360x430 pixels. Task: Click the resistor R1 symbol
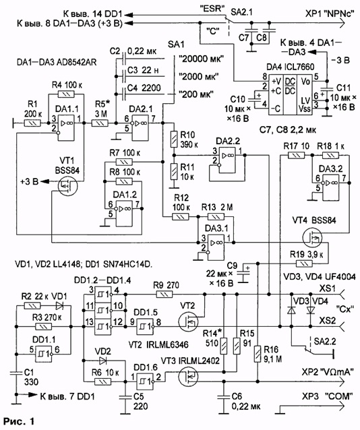coord(32,123)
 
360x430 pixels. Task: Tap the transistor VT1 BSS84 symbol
coord(68,186)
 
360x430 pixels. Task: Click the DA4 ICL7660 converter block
coord(290,94)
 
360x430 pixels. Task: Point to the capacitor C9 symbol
coord(243,273)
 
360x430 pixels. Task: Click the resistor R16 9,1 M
coord(258,354)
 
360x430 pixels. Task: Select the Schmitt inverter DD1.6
coord(145,381)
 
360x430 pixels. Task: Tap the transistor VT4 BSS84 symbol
coord(312,238)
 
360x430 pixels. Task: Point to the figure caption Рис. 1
coord(19,421)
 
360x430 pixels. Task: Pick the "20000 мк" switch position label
coord(201,59)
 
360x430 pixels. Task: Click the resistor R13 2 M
coord(216,217)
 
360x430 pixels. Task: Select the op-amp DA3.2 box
coord(330,187)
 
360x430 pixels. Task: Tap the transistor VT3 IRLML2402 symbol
coord(188,376)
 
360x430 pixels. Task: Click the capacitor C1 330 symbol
coord(16,373)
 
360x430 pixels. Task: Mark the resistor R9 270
coord(164,295)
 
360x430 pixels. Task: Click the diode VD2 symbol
coord(102,360)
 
